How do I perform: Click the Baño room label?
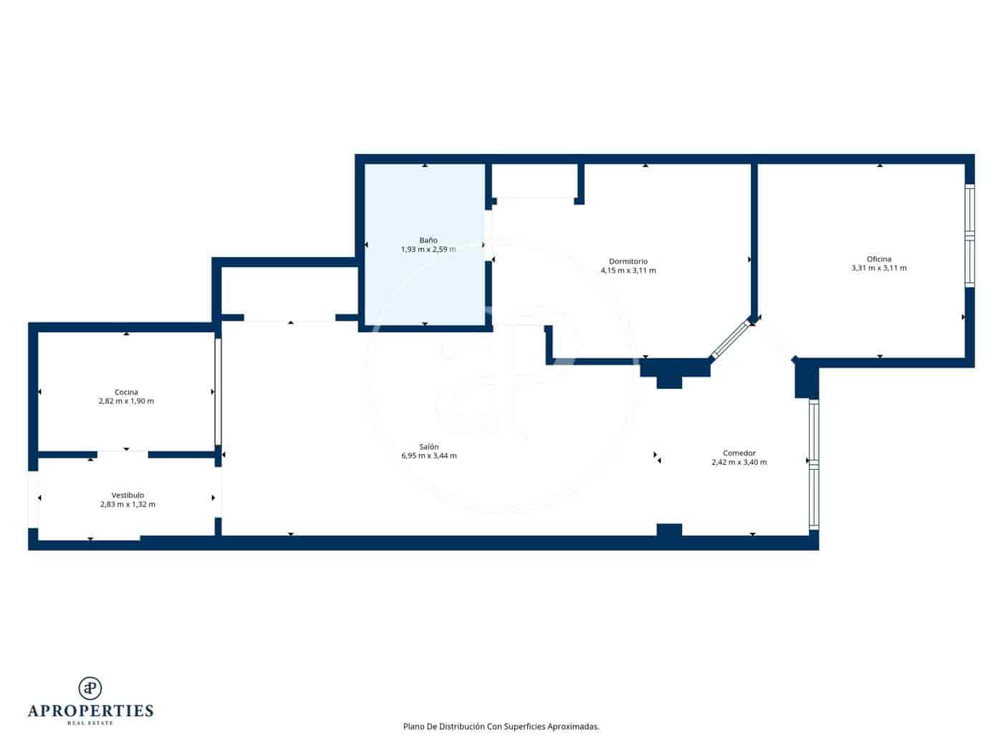(428, 241)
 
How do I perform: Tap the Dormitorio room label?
(628, 261)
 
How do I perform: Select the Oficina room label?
(879, 259)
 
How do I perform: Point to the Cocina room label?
(126, 392)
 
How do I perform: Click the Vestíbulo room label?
(128, 496)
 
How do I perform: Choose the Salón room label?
(429, 447)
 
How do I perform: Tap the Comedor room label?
(739, 453)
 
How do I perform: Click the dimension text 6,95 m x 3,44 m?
(429, 456)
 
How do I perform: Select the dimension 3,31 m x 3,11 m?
(879, 269)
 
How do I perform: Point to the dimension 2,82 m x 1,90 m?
(126, 402)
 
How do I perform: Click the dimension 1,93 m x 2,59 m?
(428, 250)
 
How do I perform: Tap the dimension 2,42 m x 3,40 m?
(739, 463)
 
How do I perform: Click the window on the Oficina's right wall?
(969, 236)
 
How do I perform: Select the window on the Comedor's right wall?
(813, 464)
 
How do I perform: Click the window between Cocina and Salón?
(218, 392)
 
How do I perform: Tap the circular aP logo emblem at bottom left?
(90, 688)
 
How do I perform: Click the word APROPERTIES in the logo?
(90, 711)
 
